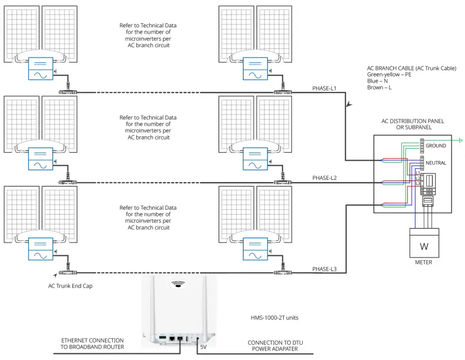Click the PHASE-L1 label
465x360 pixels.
324,88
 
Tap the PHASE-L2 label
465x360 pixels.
324,178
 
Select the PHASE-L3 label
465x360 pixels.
324,269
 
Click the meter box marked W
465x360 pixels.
424,242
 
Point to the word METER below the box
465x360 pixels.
424,262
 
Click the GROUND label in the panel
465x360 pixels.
436,146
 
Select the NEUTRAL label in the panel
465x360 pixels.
436,163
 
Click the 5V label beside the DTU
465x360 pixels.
204,347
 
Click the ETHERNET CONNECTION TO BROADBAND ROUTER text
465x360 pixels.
92,343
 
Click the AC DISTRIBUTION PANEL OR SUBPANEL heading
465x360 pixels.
412,124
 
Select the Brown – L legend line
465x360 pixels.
379,87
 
